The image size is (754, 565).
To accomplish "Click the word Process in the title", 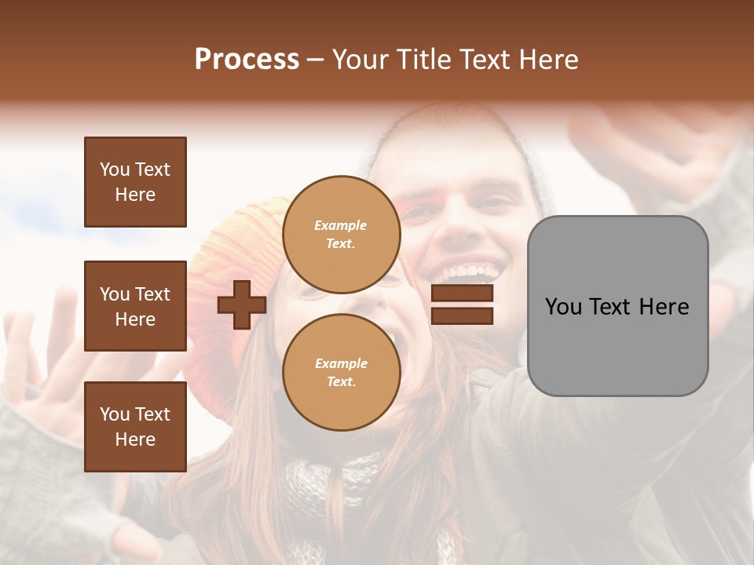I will [x=247, y=60].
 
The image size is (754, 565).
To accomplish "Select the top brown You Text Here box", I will [x=135, y=182].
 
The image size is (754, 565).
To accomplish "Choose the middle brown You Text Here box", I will [x=135, y=306].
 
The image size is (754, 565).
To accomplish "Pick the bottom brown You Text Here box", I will [x=135, y=427].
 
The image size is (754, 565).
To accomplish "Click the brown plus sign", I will [x=242, y=304].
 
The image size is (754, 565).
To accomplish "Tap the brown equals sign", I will [x=462, y=304].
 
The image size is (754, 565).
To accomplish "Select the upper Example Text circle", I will [x=341, y=235].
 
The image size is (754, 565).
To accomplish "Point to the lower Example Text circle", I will [x=341, y=373].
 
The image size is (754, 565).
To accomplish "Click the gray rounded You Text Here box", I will [x=617, y=306].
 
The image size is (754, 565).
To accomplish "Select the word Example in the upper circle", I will [x=341, y=226].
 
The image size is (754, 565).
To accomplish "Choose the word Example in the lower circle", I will [x=341, y=364].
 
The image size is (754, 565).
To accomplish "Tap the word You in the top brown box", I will [x=115, y=169].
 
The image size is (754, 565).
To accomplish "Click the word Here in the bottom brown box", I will [x=135, y=439].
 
